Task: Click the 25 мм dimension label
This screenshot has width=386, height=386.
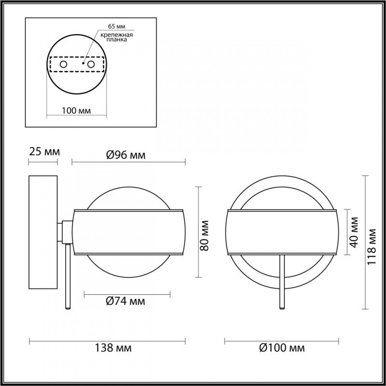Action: [43, 152]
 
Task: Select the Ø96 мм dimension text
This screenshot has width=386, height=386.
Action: [125, 155]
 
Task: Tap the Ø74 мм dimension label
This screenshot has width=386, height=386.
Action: [125, 302]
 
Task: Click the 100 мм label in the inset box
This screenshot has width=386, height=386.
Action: [77, 110]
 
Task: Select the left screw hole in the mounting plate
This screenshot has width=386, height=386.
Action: [63, 64]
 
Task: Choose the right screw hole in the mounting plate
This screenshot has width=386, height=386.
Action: [90, 64]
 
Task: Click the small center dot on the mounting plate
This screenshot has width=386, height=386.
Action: [83, 63]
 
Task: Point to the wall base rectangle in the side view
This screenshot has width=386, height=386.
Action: [43, 233]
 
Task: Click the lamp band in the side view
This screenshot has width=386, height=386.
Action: [128, 232]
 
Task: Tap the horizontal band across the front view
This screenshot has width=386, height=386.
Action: [282, 232]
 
